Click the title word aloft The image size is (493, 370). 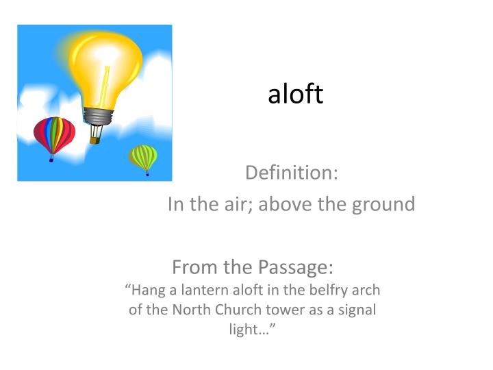pyautogui.click(x=295, y=95)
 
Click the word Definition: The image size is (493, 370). pyautogui.click(x=291, y=173)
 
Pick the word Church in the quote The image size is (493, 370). pyautogui.click(x=231, y=309)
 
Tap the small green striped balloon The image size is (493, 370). pyautogui.click(x=144, y=158)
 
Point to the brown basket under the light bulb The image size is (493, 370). pyautogui.click(x=94, y=139)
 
